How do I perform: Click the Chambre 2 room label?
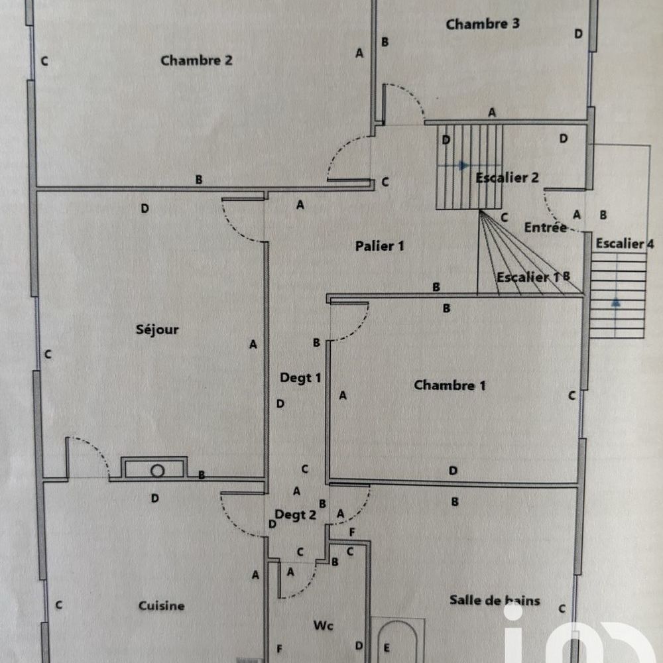point(196,61)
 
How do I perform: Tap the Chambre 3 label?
point(482,25)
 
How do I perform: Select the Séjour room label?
point(158,330)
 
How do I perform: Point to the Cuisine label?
point(162,605)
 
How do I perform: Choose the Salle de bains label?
point(495,601)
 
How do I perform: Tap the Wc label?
point(323,625)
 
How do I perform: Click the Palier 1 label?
point(379,246)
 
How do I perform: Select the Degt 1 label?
point(300,378)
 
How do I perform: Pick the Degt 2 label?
point(295,514)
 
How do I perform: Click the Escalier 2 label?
point(507,178)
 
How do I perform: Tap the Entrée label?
point(545,227)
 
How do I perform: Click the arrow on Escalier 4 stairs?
point(616,302)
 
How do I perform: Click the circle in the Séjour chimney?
point(157,471)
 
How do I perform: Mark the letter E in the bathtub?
point(387,648)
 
